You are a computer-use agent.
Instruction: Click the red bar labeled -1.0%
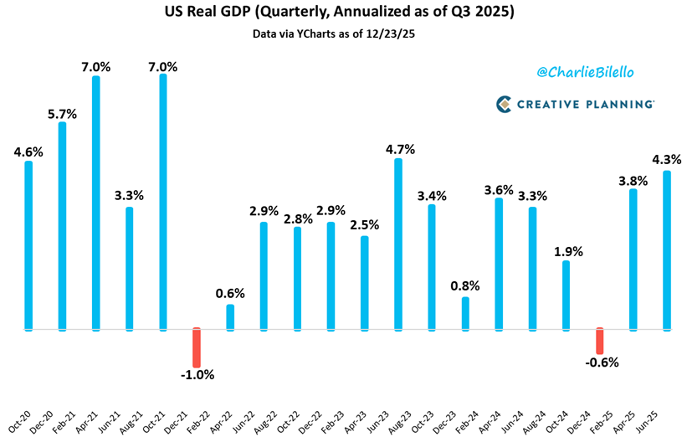pos(197,347)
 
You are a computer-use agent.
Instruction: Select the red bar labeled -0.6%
pos(600,341)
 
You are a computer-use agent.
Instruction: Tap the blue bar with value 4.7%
pos(398,243)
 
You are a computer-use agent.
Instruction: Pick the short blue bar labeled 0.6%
pos(230,316)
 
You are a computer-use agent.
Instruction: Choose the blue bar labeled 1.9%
pos(567,295)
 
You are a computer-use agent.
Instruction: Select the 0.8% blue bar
pos(465,312)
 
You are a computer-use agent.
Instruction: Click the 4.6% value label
pos(28,152)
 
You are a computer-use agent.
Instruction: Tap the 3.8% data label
pos(633,179)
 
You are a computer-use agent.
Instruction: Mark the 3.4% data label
pos(432,195)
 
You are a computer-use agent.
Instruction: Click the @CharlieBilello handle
pos(587,74)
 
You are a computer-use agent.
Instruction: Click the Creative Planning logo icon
pos(503,104)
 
